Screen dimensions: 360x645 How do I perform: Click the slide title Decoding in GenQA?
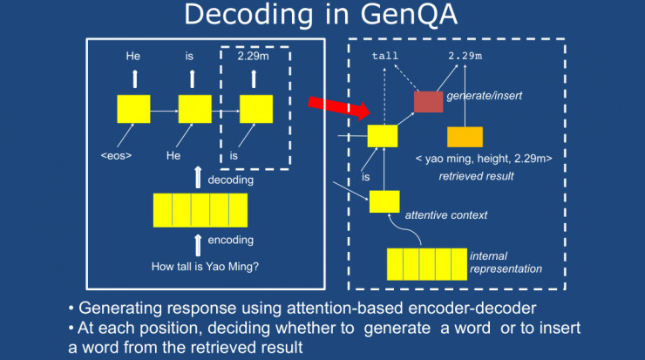coord(322,18)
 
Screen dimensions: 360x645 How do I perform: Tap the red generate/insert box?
coord(428,101)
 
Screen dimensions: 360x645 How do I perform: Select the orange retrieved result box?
coord(465,137)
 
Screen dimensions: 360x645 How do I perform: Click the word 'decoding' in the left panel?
coord(230,180)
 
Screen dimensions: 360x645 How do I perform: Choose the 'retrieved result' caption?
coord(476,176)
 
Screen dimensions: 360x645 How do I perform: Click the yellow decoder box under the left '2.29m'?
coord(255,110)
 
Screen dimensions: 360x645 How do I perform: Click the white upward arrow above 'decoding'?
coord(200,174)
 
